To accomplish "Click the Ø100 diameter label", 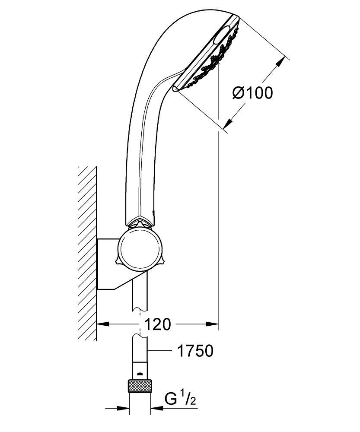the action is coord(252,92).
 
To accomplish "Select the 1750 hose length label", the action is coord(195,351).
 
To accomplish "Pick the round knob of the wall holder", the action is coord(140,250).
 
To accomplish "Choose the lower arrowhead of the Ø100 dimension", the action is coord(228,124).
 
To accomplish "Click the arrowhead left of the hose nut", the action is coord(123,408).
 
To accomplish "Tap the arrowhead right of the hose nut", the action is coord(157,408).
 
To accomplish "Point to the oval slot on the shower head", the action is coord(221,35).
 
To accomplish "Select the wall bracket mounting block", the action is coord(110,264).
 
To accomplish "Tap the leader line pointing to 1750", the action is coord(159,350).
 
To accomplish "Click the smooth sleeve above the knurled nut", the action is coord(140,371).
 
